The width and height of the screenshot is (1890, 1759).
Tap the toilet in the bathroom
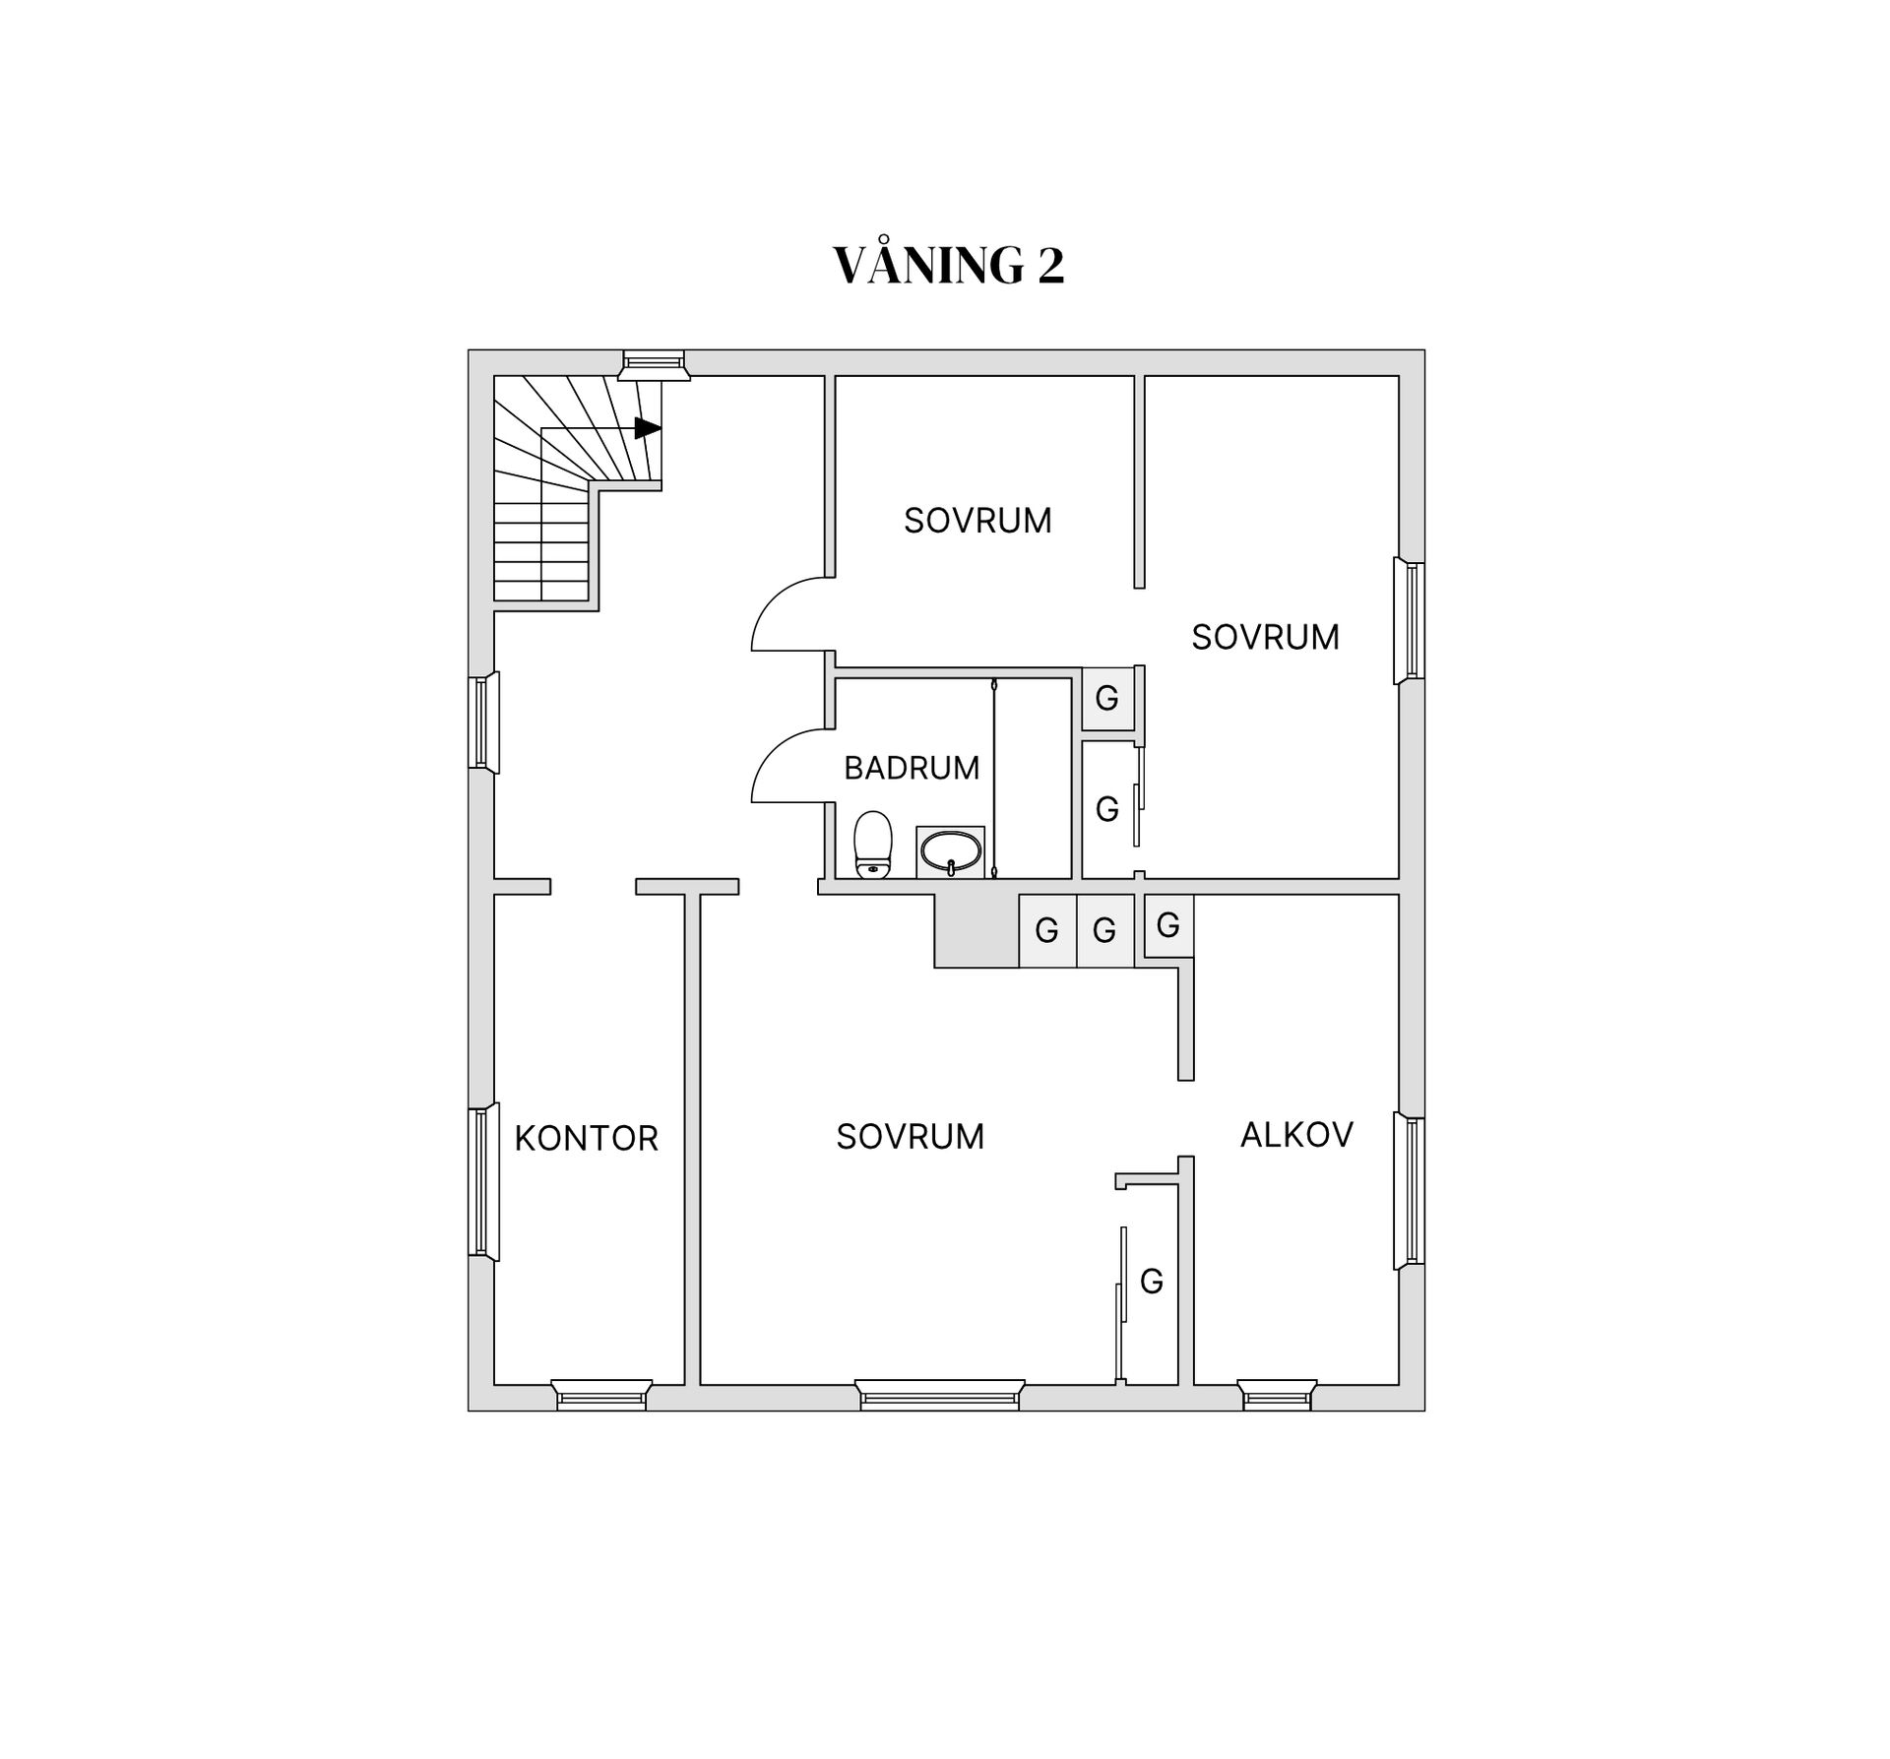point(872,845)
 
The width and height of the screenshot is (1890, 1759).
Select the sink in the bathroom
point(950,851)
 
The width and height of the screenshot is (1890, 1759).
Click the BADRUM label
point(912,768)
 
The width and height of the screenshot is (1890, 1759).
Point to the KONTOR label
point(586,1138)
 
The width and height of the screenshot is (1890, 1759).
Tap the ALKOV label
point(1296,1135)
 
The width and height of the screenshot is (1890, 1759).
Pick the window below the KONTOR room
point(601,1395)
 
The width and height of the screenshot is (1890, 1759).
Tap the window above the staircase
point(654,364)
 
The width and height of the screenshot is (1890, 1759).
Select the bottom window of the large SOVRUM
point(940,1395)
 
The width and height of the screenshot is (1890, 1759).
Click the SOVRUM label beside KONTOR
point(911,1137)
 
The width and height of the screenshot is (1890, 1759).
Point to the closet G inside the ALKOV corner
point(1168,925)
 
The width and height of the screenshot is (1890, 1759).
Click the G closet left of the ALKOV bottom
point(1151,1281)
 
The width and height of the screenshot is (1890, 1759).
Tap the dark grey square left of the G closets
point(976,931)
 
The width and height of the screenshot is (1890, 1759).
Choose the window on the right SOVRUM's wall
point(1410,620)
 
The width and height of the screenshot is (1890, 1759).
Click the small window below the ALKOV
point(1277,1395)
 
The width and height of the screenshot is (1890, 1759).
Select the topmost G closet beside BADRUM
point(1107,699)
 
